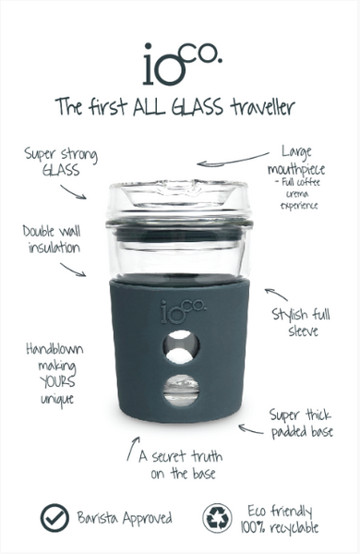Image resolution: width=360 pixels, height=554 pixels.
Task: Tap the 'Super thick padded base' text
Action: (303, 423)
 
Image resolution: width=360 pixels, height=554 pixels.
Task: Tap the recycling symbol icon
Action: (219, 517)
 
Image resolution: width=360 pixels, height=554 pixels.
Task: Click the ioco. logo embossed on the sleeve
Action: (179, 308)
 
